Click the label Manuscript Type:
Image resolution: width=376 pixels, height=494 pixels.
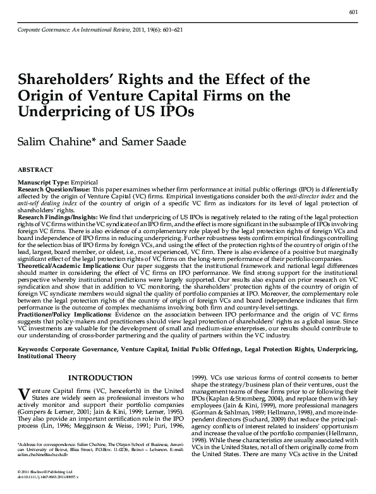pyautogui.click(x=43, y=181)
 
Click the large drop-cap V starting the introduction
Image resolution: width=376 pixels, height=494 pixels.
pyautogui.click(x=24, y=394)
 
